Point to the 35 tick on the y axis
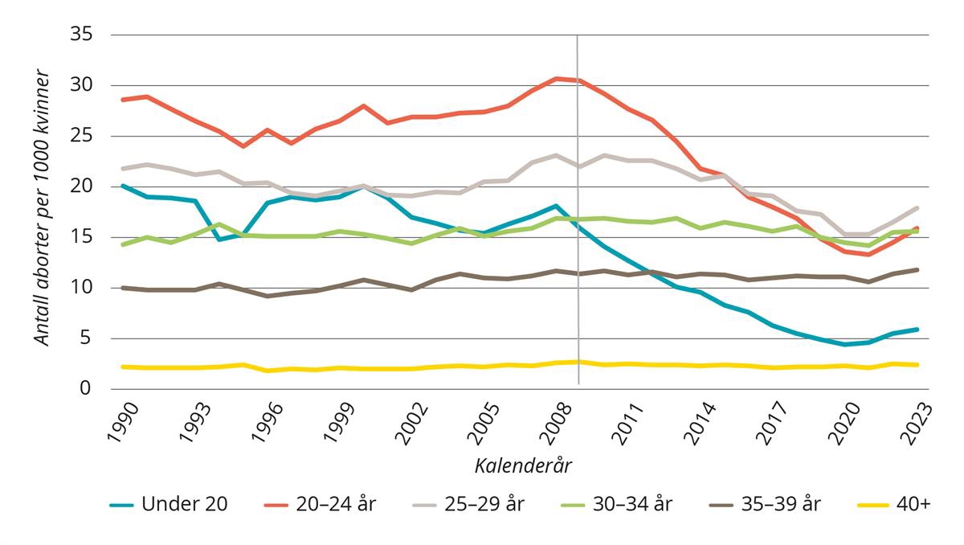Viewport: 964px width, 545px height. pyautogui.click(x=83, y=35)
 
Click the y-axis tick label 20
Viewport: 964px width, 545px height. pyautogui.click(x=83, y=186)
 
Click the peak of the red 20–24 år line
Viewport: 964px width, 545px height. pyautogui.click(x=556, y=79)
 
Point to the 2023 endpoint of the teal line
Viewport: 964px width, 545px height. pyautogui.click(x=917, y=330)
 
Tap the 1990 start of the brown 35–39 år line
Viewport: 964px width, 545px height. pyautogui.click(x=121, y=288)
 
